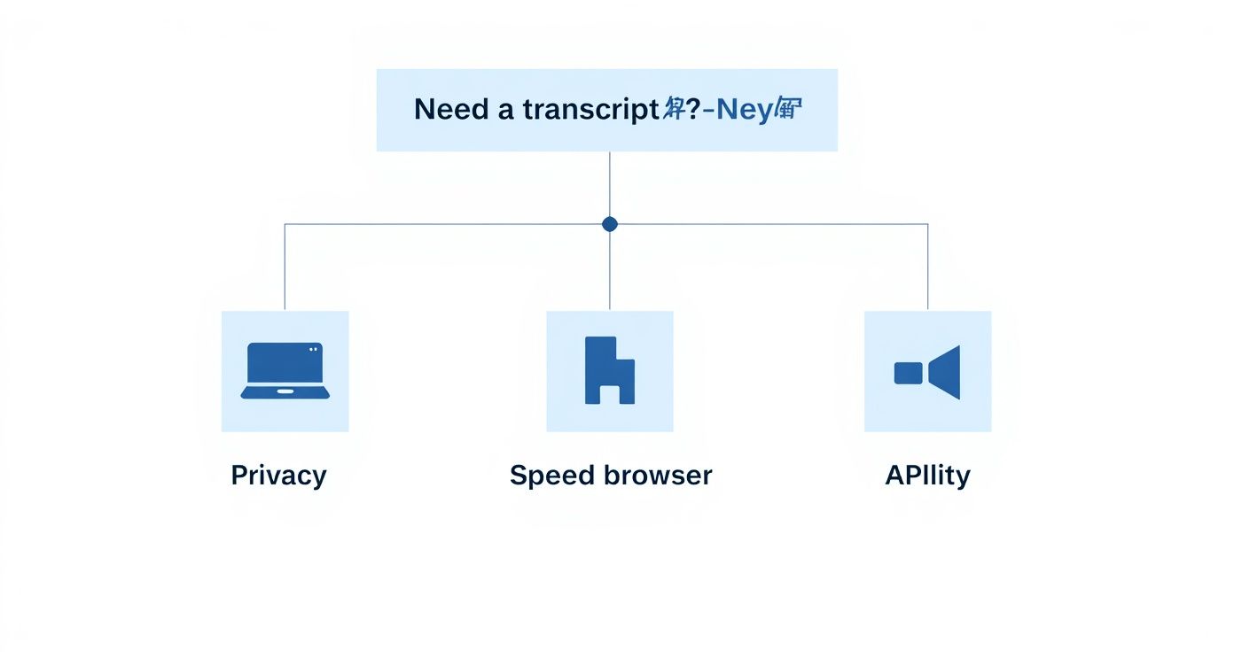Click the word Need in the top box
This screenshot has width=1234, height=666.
pyautogui.click(x=451, y=110)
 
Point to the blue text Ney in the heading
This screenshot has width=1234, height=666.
pyautogui.click(x=744, y=110)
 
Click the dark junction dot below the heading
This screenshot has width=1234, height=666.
pyautogui.click(x=610, y=224)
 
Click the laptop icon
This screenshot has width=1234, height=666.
pyautogui.click(x=285, y=370)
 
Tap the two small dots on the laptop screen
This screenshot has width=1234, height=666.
pyautogui.click(x=312, y=349)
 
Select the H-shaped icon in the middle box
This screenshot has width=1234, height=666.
pyautogui.click(x=610, y=370)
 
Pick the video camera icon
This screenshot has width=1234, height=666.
pyautogui.click(x=927, y=372)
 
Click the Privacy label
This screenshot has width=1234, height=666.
pyautogui.click(x=278, y=476)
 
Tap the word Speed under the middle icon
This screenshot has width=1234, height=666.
pyautogui.click(x=551, y=476)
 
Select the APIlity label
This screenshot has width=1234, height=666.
pyautogui.click(x=927, y=476)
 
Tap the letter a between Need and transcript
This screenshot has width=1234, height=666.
pyautogui.click(x=504, y=111)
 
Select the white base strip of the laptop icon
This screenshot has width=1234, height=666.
pyautogui.click(x=285, y=391)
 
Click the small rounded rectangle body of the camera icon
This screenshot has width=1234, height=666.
pyautogui.click(x=909, y=373)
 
